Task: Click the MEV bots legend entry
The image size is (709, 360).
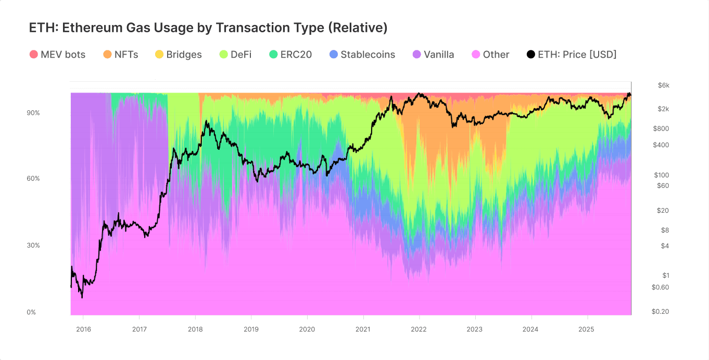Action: pos(57,55)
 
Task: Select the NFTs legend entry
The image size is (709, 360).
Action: pos(121,55)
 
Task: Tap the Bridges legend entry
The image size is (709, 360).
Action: pos(178,55)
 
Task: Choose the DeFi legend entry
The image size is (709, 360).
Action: pos(236,55)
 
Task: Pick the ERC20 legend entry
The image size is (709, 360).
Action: pos(290,55)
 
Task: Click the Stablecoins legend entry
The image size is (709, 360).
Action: pos(362,55)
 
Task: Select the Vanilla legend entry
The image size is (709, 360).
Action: pos(433,55)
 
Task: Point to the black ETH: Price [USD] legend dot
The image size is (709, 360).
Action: pos(531,55)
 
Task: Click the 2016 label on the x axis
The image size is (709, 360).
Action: pos(83,329)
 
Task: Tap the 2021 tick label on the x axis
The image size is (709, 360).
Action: pos(363,329)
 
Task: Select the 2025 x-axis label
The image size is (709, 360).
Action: pos(587,329)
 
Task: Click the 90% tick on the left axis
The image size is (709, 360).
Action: pos(33,113)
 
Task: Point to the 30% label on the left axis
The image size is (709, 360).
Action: pos(33,246)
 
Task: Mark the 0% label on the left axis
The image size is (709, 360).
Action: pos(32,312)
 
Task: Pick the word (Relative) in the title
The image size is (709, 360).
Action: pos(358,28)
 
